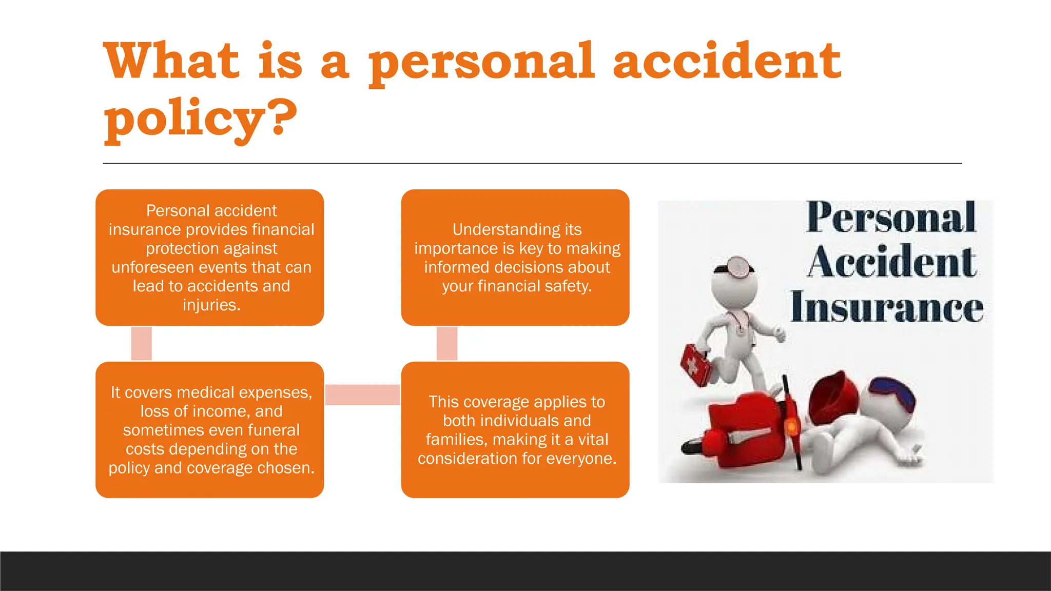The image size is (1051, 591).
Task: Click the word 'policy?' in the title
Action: (x=200, y=118)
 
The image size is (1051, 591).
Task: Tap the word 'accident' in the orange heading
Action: (x=727, y=62)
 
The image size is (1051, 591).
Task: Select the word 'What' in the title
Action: (x=172, y=62)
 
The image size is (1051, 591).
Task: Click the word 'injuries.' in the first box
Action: (x=211, y=305)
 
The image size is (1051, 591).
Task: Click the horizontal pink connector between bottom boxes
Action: (x=362, y=395)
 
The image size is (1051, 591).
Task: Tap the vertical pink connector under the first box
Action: (x=142, y=343)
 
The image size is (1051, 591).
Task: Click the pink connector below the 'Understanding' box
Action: (x=447, y=343)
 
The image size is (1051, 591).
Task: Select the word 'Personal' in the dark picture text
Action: (x=890, y=218)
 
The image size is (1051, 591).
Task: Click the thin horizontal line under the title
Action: (x=532, y=164)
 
